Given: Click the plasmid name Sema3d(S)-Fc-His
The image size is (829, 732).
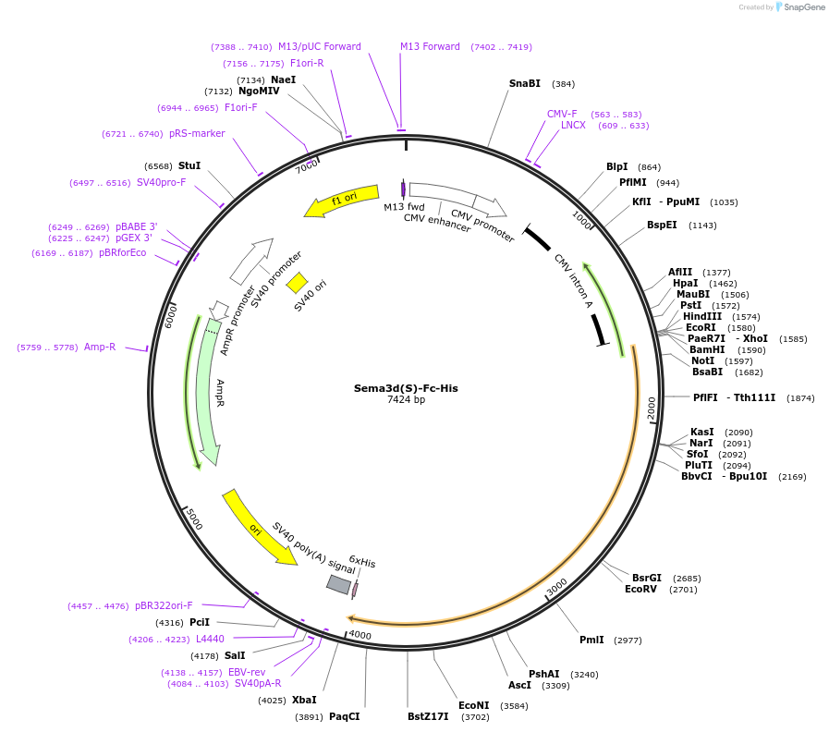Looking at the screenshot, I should (406, 388).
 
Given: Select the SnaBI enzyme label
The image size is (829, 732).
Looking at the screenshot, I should (524, 83).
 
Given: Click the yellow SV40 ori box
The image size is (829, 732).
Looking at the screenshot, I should (297, 282).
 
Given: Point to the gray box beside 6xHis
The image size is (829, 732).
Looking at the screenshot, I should (339, 584).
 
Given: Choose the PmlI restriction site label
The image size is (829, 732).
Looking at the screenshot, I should (591, 640).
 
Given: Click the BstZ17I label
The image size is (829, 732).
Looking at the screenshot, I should (428, 716).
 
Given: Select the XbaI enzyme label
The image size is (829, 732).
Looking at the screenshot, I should (304, 700).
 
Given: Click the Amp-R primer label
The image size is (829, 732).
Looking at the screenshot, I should (100, 348).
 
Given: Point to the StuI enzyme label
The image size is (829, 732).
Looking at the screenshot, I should (189, 165).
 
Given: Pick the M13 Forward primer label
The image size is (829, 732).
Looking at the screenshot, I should (430, 46).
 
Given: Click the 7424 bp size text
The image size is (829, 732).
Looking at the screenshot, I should (406, 400).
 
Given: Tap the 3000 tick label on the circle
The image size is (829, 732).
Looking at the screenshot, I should (556, 588).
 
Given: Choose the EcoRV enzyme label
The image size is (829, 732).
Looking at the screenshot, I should (640, 589).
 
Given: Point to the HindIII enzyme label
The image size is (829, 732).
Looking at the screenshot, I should (702, 316).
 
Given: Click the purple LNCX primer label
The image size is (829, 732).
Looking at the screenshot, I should (573, 125).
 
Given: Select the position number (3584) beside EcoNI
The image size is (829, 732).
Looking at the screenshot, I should (513, 706).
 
